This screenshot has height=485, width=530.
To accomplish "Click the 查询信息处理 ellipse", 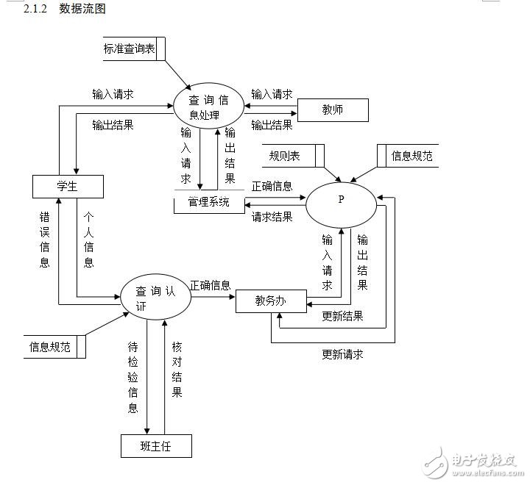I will coord(209,107).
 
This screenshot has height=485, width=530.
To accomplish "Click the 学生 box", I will coord(67,187).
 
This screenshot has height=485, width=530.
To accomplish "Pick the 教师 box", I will coord(332,110).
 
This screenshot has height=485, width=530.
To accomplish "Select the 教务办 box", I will coord(270,301).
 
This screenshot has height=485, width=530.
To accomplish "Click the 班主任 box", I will coord(156,445).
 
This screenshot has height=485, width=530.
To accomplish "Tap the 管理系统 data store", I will coord(209,202).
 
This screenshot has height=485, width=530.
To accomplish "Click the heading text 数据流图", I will coord(82,10).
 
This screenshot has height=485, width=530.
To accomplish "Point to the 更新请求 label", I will coord(342,354).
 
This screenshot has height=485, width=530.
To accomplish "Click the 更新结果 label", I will coord(342,317).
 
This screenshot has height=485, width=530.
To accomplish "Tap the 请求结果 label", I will coord(272,217).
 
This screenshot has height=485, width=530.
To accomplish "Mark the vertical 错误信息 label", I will coord(45,240).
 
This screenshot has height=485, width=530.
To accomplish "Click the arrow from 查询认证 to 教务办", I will coord(213,295).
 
